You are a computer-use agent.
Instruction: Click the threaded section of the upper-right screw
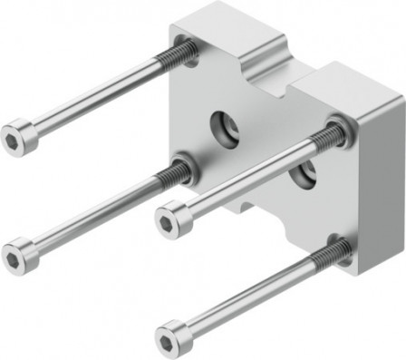point(326,137)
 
